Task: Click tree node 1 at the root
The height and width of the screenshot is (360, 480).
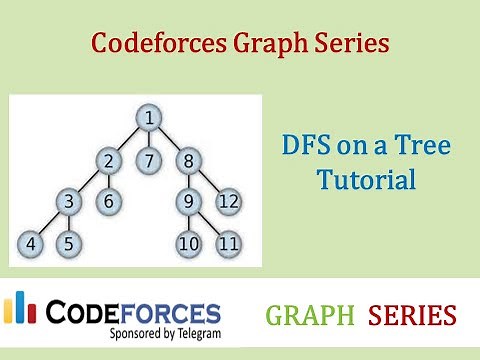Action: click(148, 119)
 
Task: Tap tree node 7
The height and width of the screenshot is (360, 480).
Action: click(148, 159)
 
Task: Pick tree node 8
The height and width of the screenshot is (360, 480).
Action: click(187, 159)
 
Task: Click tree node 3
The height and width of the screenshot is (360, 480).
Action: click(69, 200)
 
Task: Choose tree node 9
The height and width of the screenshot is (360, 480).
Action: click(187, 200)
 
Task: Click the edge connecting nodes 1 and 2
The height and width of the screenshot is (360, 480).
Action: click(128, 139)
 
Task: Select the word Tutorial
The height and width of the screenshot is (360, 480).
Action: click(365, 181)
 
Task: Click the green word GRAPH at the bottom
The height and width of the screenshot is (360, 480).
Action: click(310, 316)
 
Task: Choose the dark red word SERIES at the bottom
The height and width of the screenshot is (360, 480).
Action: click(412, 316)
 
